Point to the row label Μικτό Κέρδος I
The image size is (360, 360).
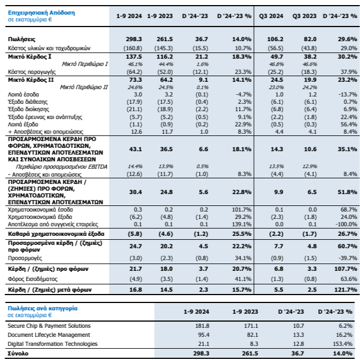[29, 57]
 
